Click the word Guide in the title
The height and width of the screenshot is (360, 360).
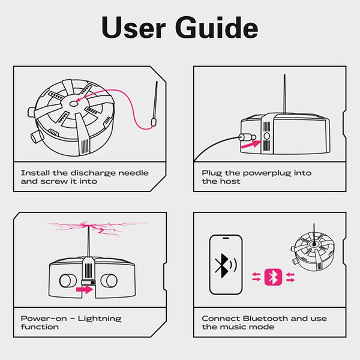tap(217, 27)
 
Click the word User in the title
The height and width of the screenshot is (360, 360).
tap(133, 28)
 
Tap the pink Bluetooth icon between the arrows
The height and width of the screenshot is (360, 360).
tap(273, 277)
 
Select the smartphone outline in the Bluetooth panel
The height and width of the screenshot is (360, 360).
tap(226, 264)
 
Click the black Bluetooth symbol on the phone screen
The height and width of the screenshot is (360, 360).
tap(222, 266)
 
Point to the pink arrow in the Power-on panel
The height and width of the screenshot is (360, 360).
tap(85, 289)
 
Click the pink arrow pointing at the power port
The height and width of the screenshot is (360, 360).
tap(251, 145)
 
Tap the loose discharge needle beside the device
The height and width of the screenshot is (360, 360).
tap(154, 104)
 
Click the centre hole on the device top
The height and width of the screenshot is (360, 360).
tap(73, 104)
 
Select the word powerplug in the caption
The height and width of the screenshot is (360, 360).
tap(267, 173)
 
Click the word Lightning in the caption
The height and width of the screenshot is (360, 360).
tap(100, 319)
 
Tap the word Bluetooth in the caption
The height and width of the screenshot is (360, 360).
tap(265, 319)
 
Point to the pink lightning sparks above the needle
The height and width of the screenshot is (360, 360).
tap(97, 228)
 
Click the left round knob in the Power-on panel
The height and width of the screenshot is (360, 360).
tap(68, 280)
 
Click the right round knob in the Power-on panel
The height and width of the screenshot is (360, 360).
tap(109, 280)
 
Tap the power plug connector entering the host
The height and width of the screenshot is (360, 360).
tap(247, 137)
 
